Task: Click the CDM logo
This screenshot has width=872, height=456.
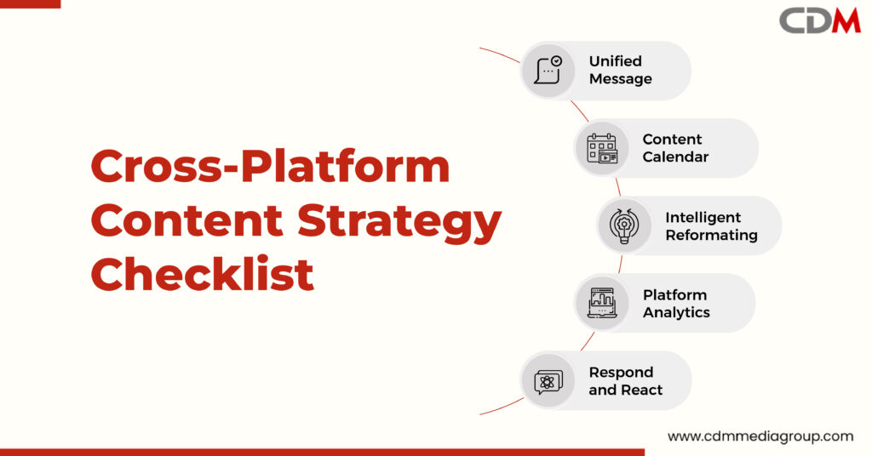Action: [820, 21]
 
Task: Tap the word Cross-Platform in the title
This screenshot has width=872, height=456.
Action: [270, 166]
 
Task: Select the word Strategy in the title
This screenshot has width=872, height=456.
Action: [399, 221]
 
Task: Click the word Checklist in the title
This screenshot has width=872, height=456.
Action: [203, 274]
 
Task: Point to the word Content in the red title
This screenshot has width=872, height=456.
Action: [186, 220]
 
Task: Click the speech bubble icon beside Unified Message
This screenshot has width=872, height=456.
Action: [548, 70]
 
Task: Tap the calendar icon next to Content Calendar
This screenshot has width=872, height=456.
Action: [602, 148]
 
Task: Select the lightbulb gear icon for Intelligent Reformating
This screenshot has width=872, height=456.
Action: [624, 225]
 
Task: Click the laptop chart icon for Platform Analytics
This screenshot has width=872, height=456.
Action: [602, 303]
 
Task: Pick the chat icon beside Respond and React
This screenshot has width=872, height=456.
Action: [548, 382]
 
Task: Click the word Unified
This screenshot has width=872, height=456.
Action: [615, 61]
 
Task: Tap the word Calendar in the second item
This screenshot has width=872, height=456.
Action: [675, 157]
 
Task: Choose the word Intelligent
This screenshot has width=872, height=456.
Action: [703, 218]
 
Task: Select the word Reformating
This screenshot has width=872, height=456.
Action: [711, 236]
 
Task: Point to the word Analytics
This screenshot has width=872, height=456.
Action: [676, 313]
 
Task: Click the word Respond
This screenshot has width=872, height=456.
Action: [621, 373]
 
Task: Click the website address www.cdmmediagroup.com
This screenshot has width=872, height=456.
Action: [760, 436]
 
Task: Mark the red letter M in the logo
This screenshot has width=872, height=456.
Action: [846, 21]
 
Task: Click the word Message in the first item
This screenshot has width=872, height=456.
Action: [620, 79]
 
